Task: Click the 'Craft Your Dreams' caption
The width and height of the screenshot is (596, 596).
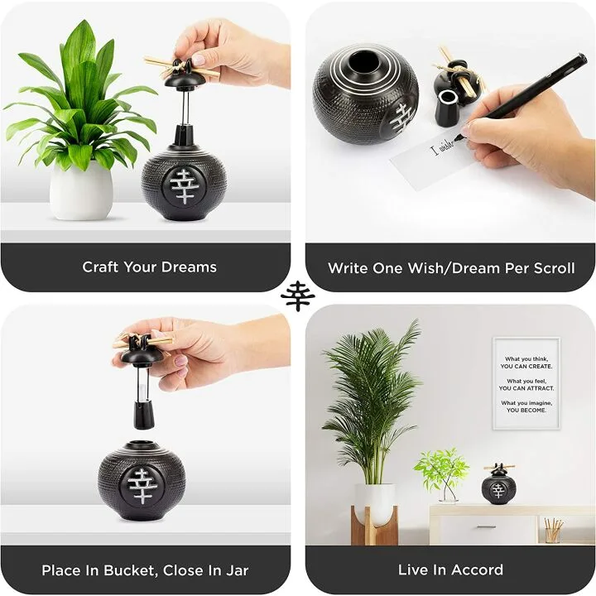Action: [x=149, y=267]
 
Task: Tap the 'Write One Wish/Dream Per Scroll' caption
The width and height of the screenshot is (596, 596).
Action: [x=450, y=267]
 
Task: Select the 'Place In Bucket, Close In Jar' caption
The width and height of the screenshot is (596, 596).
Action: [x=145, y=570]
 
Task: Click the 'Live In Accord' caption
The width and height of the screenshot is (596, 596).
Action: [x=450, y=570]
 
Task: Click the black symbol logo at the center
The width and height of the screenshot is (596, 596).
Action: [x=297, y=296]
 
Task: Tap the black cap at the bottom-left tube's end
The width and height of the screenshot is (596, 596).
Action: [x=147, y=412]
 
